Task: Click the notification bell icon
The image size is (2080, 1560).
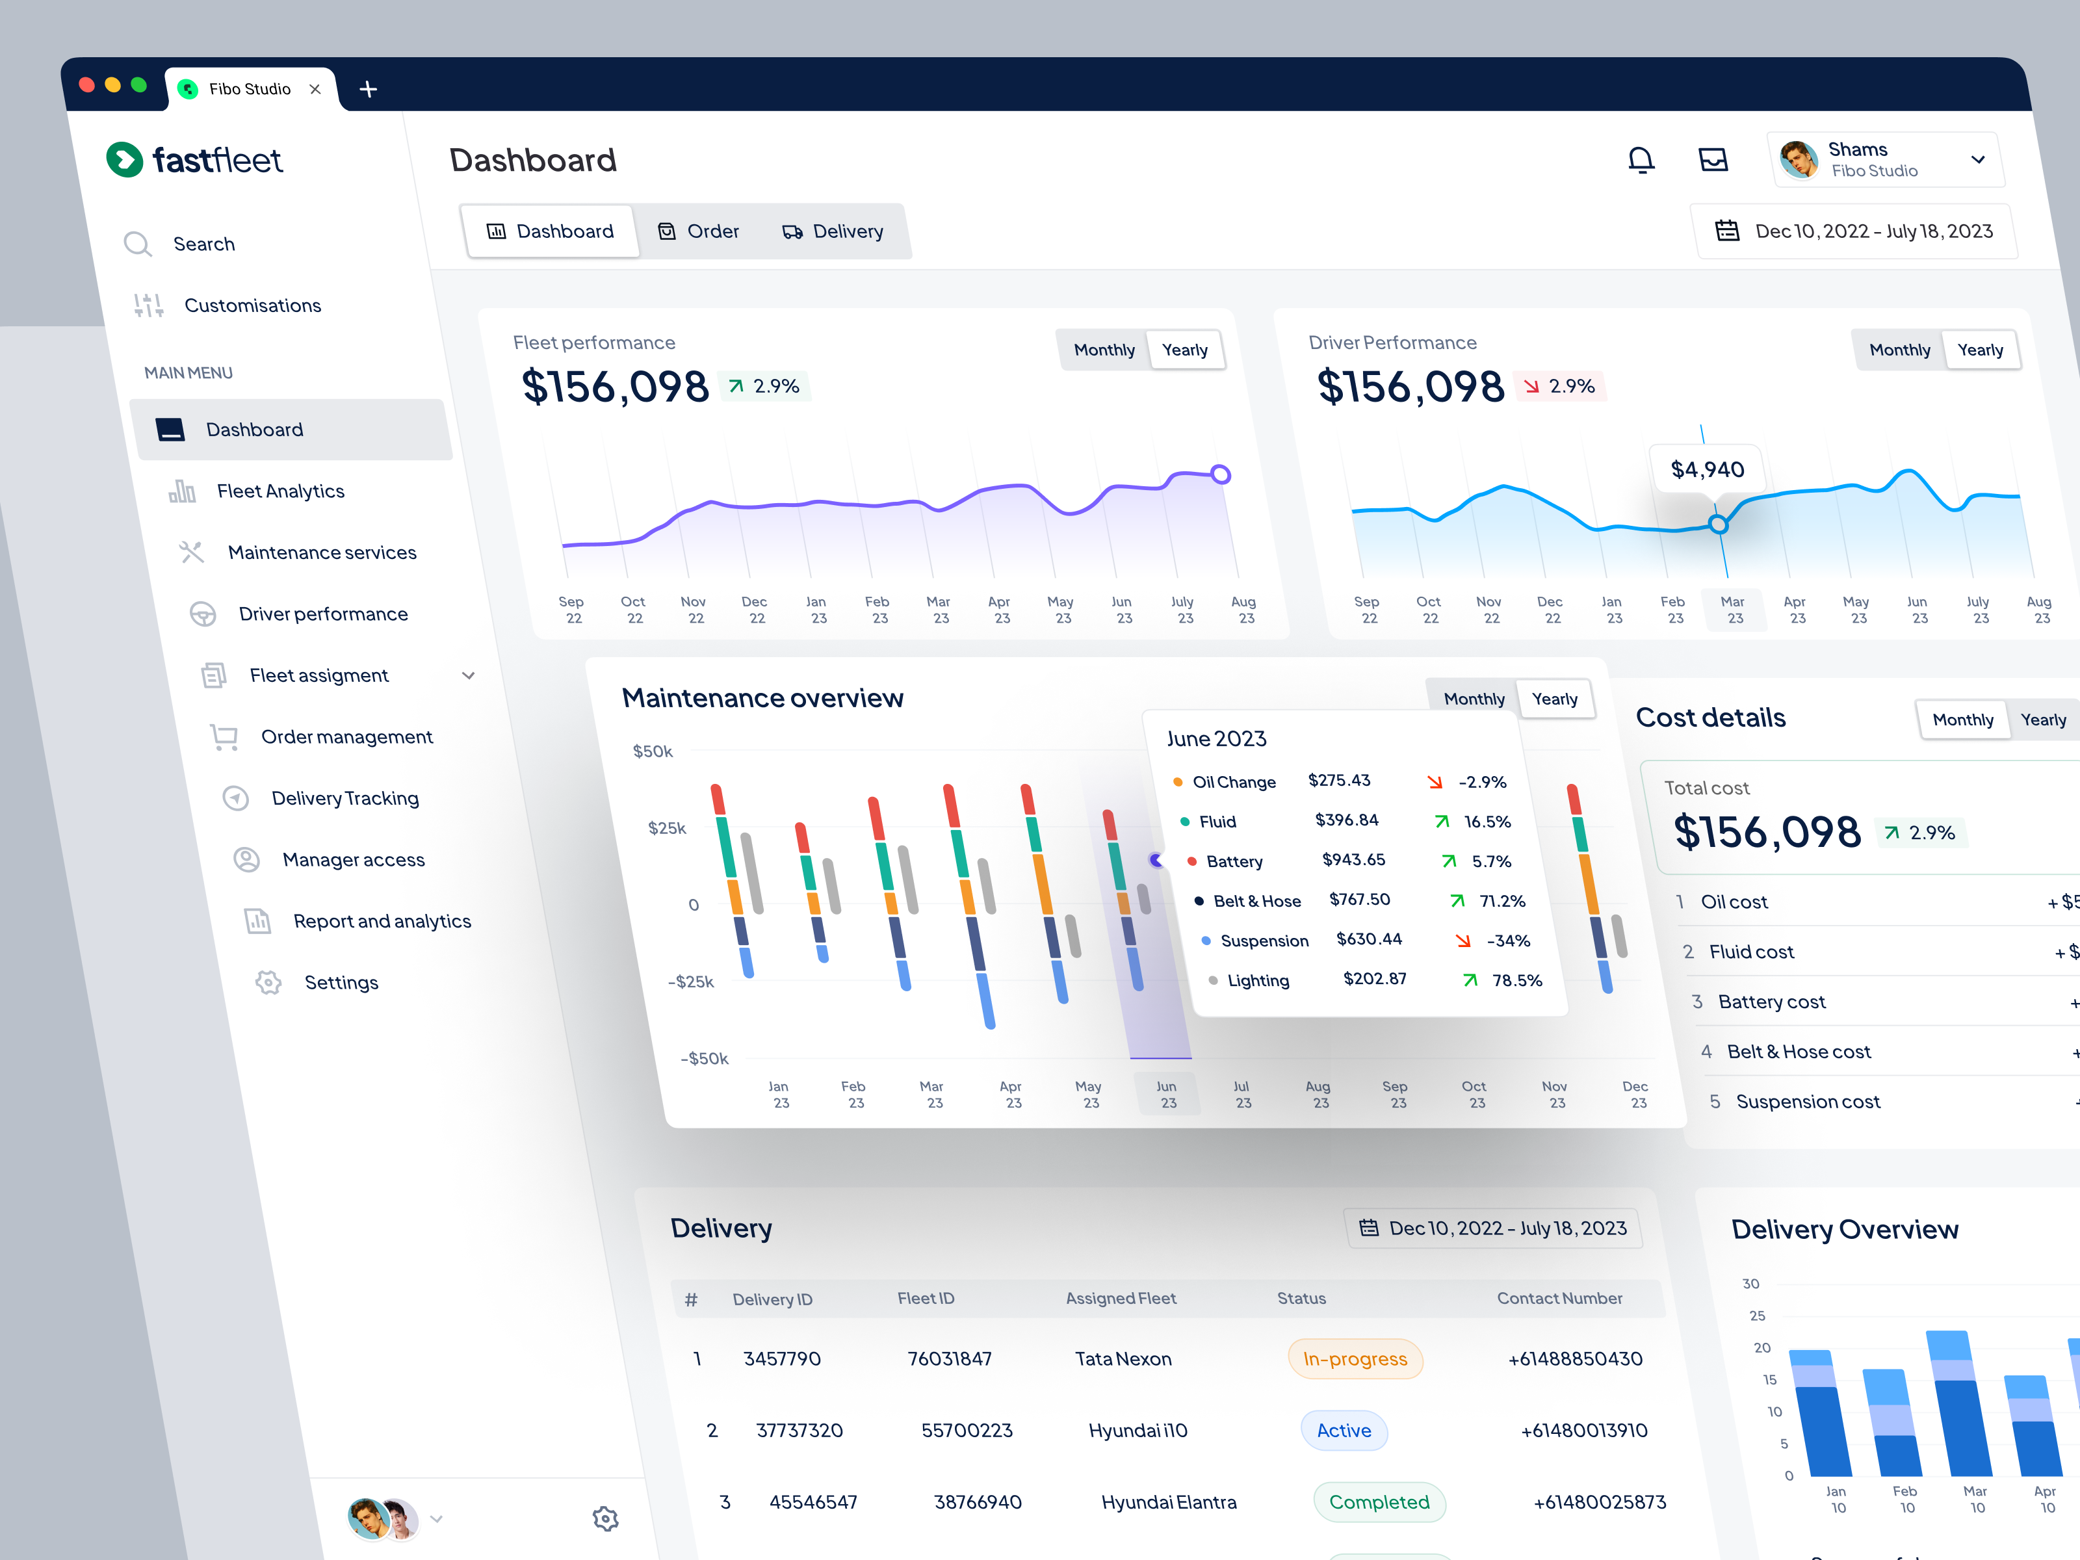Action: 1640,160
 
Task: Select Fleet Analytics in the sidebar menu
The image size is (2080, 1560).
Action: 280,491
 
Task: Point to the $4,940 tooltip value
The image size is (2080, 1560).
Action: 1707,469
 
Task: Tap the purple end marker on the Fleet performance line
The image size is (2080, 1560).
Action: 1221,474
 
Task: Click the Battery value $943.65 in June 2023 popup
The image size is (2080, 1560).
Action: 1353,859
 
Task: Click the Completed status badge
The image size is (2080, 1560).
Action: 1379,1501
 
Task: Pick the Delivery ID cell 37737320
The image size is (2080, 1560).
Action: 799,1430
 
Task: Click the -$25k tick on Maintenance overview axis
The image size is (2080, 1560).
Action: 690,981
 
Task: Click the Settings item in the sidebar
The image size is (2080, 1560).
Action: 341,983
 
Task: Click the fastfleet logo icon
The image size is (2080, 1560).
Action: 125,160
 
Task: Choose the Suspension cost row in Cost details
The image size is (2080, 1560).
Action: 1807,1102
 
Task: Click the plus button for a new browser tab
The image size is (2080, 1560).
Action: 369,89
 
